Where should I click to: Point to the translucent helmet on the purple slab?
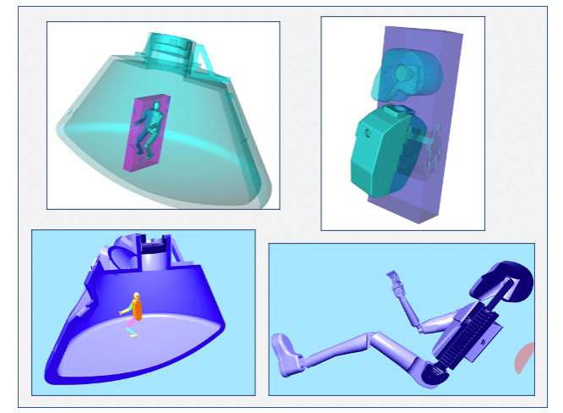(403, 76)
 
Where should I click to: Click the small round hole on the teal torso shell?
(369, 133)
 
